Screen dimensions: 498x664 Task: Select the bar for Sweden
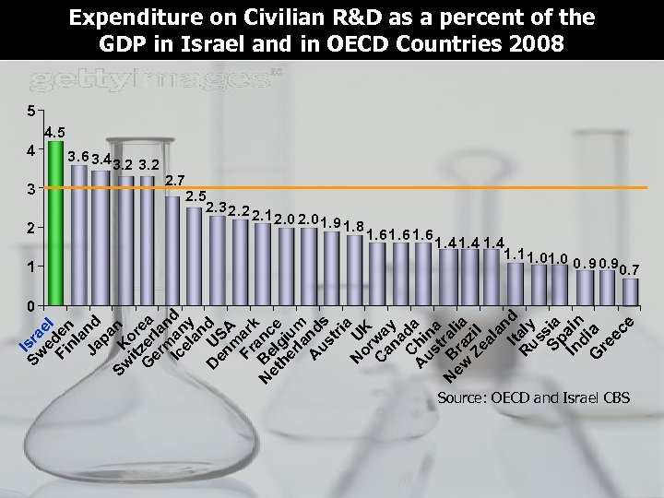(79, 235)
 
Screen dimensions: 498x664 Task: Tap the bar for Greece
(630, 290)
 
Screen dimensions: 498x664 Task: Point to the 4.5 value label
(54, 132)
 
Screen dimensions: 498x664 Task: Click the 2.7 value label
(175, 179)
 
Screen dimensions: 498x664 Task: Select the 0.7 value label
(630, 269)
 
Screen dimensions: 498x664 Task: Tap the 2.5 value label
(196, 196)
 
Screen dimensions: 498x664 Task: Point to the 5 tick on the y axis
(30, 112)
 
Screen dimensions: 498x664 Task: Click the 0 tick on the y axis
(30, 305)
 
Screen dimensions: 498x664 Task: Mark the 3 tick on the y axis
(30, 189)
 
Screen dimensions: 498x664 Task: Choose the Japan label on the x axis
(106, 338)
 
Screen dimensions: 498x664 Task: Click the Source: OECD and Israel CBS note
(533, 398)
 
